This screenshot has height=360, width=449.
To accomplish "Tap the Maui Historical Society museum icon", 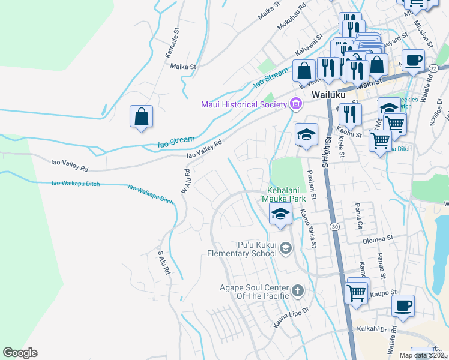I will pos(295,104).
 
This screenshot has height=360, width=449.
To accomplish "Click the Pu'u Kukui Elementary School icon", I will pos(286,247).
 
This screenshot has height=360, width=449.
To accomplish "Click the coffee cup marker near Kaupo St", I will pos(403,305).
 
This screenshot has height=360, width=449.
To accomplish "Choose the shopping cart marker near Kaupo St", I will pos(357,293).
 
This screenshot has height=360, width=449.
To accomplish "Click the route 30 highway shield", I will pos(334,227).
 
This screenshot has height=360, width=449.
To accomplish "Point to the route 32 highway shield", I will pos(433,69).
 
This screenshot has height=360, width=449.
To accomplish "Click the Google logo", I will pos(20,353).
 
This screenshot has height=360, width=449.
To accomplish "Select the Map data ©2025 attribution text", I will pos(422,355).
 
